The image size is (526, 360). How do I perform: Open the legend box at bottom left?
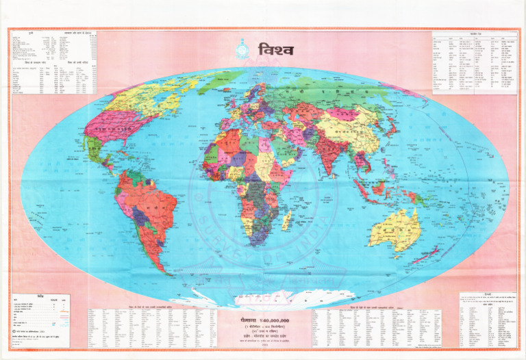[x=39, y=319]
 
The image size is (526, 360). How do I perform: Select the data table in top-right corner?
[x=473, y=62]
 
